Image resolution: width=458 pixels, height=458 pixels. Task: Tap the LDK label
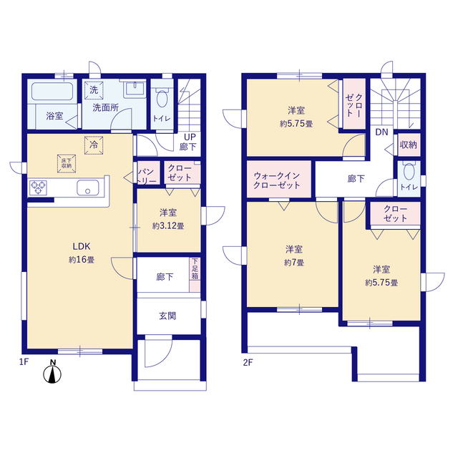click(82, 246)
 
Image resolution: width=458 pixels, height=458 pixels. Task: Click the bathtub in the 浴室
click(52, 92)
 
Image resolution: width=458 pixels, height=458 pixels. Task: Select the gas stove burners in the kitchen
click(38, 187)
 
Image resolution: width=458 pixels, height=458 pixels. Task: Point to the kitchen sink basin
click(88, 187)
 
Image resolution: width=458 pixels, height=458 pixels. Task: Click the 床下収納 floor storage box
click(67, 164)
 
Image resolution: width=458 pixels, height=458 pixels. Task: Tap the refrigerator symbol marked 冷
click(94, 145)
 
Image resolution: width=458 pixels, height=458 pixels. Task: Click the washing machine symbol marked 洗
click(94, 90)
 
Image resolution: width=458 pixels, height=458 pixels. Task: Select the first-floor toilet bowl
click(162, 99)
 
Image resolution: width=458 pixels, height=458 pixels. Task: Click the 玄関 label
click(167, 316)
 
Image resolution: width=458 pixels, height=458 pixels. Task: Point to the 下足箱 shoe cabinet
click(195, 275)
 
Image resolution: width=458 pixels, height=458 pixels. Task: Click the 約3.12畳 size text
click(168, 226)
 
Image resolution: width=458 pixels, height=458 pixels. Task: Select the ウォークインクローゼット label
click(277, 180)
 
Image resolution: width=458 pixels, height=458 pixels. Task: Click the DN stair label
click(381, 132)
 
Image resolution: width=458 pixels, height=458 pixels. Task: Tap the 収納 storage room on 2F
click(409, 145)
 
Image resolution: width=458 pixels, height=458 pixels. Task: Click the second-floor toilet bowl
click(409, 171)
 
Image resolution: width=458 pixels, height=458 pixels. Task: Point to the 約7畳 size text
click(294, 263)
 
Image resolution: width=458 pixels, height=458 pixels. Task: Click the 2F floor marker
click(248, 363)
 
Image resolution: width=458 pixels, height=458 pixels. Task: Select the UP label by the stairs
click(190, 137)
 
